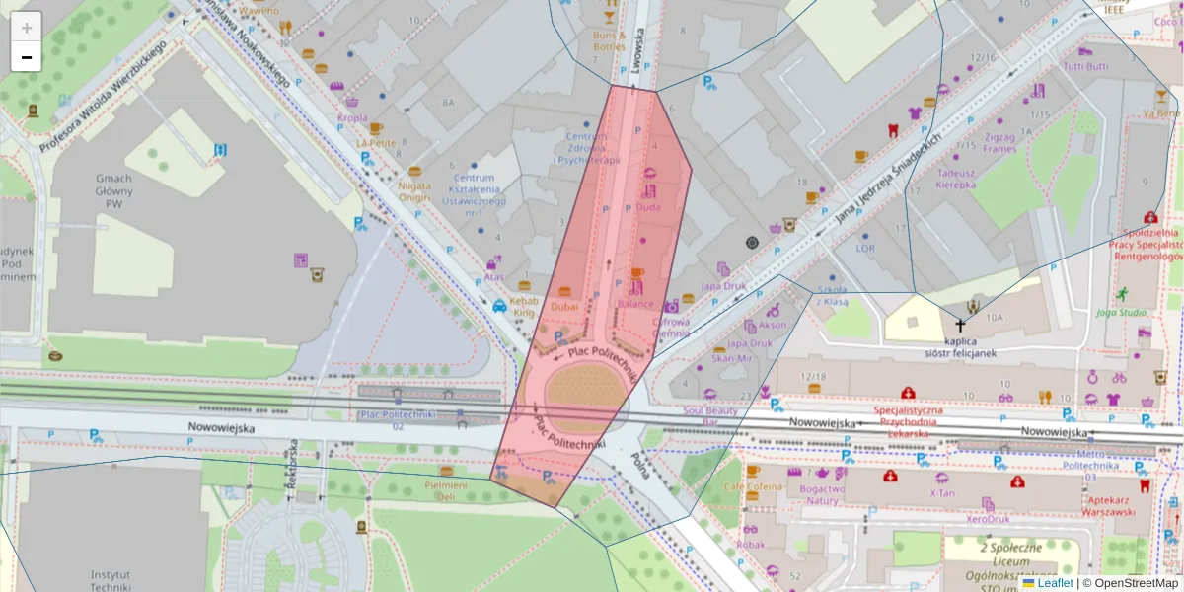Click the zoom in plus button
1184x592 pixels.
pos(27,28)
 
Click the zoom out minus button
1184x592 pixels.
pos(27,57)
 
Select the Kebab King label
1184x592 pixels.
pos(524,306)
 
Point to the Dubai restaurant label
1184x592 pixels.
pos(564,307)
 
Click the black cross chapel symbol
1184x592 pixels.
pos(959,325)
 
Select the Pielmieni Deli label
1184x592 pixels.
pos(446,490)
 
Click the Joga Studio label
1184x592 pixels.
pos(1121,313)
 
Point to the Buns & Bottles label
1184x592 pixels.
pos(609,40)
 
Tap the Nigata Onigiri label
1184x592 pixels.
pos(414,190)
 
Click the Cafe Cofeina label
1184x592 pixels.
pos(753,486)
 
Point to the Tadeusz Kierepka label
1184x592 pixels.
pos(955,178)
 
